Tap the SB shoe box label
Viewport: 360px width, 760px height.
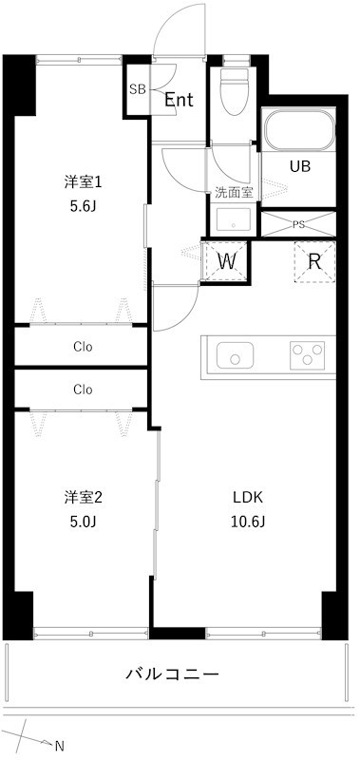pos(137,90)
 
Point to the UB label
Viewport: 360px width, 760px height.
pos(300,165)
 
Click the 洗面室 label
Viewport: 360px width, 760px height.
pos(233,191)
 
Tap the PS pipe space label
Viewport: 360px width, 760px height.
pos(298,225)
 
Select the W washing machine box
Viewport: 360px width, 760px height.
pos(227,261)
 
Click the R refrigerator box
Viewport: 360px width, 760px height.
pos(313,261)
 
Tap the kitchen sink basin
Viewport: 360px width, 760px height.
pos(235,356)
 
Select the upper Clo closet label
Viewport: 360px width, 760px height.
pos(83,346)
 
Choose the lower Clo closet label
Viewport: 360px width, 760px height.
pos(83,389)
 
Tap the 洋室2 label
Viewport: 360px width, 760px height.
pos(83,497)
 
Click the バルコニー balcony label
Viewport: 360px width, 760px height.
pos(173,674)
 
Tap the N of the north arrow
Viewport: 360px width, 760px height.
pos(59,746)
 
